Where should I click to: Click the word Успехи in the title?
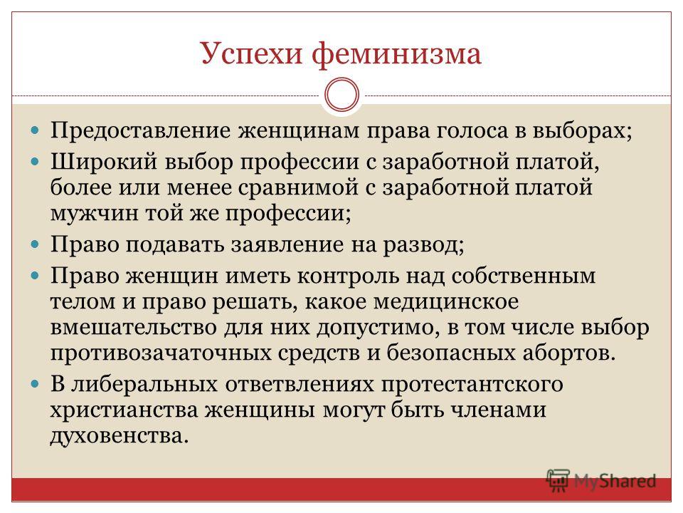coord(251,54)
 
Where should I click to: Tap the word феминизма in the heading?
coord(397,54)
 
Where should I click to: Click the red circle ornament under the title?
coord(342,95)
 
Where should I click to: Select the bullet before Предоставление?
coord(36,130)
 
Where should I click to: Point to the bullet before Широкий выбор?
coord(36,162)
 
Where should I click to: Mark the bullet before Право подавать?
coord(36,244)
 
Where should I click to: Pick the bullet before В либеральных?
coord(36,384)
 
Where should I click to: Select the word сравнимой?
coord(298,187)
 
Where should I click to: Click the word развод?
coord(423,244)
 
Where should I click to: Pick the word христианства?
coord(124,410)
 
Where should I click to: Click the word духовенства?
coord(120,435)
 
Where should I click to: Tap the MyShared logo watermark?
coord(601,482)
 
